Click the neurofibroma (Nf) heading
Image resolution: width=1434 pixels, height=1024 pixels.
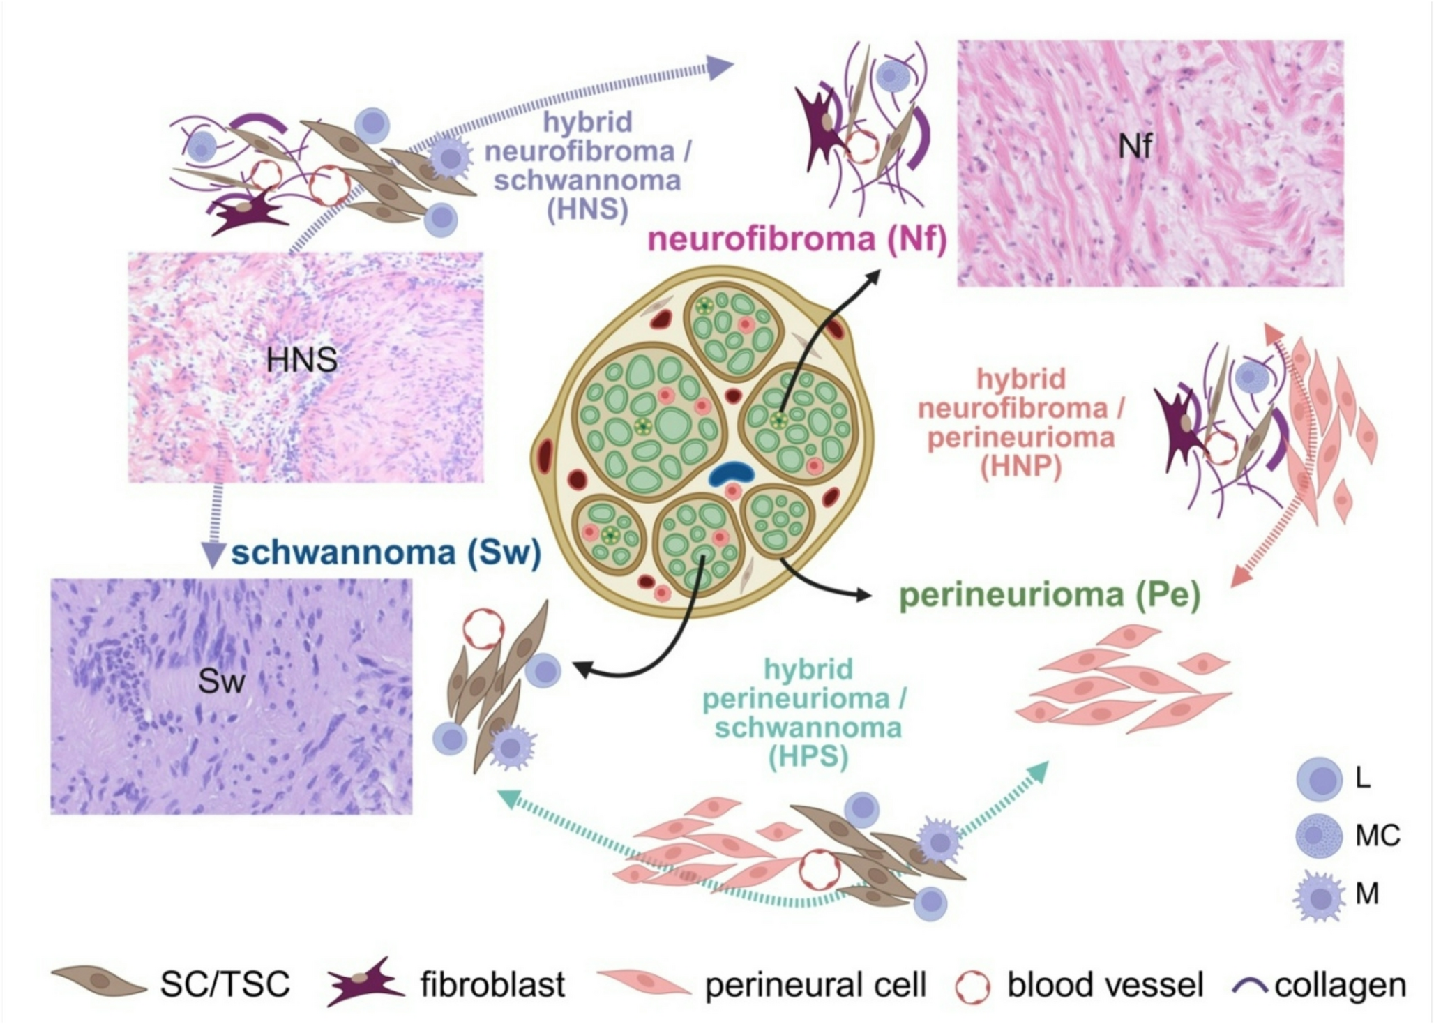(797, 240)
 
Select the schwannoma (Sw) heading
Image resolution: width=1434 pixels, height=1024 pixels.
(386, 553)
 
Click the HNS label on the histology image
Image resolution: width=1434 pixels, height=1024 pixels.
(301, 361)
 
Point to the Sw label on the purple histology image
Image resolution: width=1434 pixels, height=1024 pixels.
(221, 682)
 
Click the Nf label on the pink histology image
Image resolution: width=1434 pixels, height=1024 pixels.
(1135, 146)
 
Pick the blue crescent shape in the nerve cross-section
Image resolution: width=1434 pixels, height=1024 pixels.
(732, 474)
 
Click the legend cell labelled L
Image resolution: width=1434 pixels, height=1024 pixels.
(1320, 779)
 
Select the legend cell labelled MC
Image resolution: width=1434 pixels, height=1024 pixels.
(1320, 835)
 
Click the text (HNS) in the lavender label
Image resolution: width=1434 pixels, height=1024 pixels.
(587, 209)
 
